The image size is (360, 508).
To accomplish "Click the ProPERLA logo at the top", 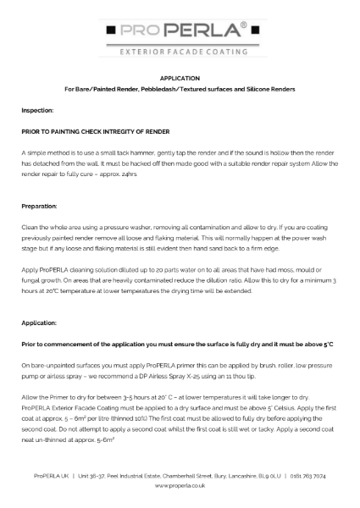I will pos(180,31).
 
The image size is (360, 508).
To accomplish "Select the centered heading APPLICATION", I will pos(180,78).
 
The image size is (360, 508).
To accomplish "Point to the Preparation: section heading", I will pos(40,206).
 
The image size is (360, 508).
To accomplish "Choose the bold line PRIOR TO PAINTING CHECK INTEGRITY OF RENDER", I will pos(96,133).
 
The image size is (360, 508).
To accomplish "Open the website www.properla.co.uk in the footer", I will pos(180,488).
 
